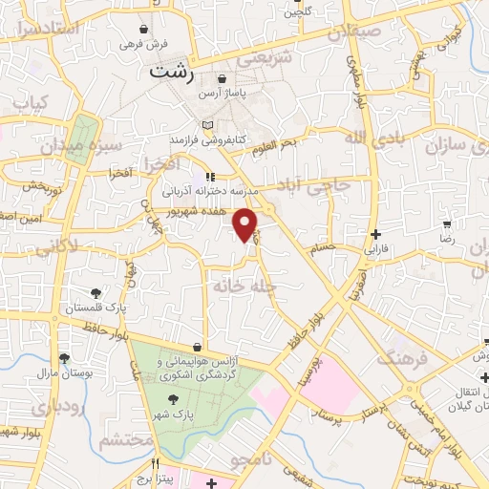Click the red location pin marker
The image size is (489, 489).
tap(246, 224)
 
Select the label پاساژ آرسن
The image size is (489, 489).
tap(223, 96)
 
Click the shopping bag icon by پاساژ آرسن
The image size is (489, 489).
tap(223, 79)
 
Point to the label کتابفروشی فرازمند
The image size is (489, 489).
tap(209, 140)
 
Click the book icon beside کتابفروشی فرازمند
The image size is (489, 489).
tap(209, 125)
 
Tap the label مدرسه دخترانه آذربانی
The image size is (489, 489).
tap(212, 191)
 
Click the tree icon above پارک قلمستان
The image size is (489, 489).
tap(96, 293)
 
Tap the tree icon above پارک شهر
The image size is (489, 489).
tap(174, 399)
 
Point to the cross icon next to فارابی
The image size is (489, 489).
tap(377, 234)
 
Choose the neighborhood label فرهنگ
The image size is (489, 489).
tap(399, 358)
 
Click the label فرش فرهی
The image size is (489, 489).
tap(143, 44)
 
